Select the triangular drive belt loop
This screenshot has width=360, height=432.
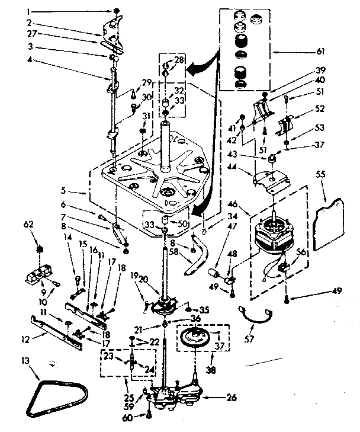pos(57,395)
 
